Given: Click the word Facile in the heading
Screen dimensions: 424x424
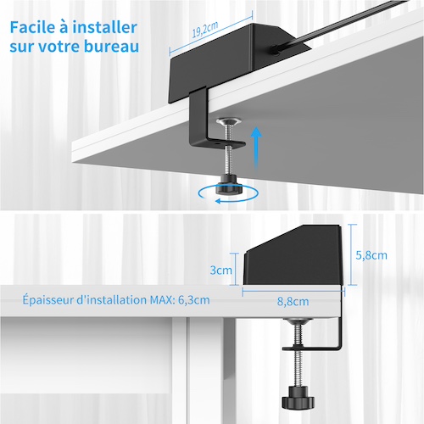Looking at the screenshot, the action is pos(31,27).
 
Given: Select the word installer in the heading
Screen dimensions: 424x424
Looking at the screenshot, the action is pos(105,27).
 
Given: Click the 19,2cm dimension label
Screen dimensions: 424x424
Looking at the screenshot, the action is pos(205,29).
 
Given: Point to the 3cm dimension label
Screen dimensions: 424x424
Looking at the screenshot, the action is pos(220,271).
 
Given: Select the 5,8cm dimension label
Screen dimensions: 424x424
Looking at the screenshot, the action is pos(371,255).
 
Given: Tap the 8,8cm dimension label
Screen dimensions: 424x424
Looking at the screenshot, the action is pos(293,301).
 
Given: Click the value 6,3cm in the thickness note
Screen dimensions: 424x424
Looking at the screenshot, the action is pos(194,300).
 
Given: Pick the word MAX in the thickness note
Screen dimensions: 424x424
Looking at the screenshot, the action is pos(159,299).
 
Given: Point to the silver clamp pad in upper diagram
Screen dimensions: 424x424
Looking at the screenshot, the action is pos(228,121).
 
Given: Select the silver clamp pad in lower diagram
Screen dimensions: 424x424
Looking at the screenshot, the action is pos(298,321).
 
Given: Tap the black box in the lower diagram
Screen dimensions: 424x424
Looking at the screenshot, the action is pos(293,255).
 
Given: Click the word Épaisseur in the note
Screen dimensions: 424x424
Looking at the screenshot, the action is pos(47,300).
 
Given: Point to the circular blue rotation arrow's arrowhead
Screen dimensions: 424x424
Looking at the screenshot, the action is pos(218,201).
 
